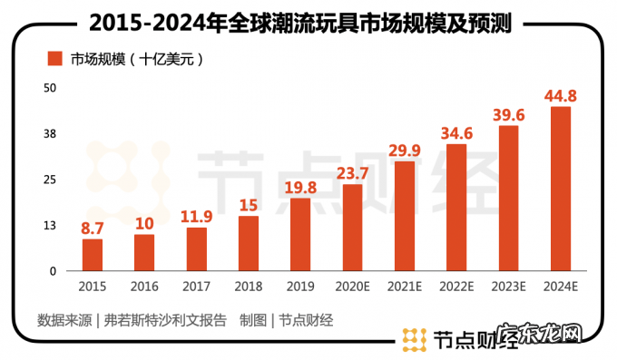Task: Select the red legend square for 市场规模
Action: click(54, 60)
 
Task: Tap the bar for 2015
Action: click(93, 255)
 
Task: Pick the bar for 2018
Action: click(249, 243)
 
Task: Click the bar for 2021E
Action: click(405, 216)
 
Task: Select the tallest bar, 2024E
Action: click(561, 189)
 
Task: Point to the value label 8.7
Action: click(93, 230)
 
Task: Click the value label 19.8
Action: click(300, 189)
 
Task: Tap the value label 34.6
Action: click(456, 135)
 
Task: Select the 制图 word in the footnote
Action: click(253, 319)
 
